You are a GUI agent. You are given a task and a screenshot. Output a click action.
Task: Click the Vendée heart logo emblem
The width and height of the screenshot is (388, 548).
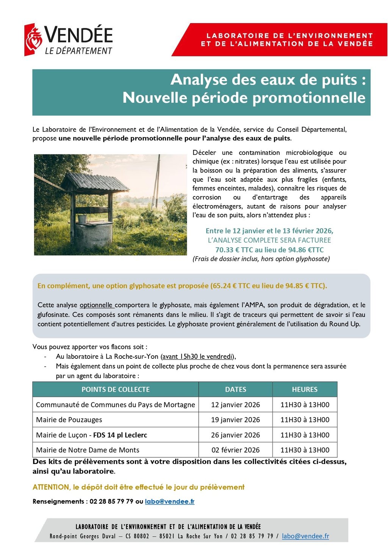[33, 39]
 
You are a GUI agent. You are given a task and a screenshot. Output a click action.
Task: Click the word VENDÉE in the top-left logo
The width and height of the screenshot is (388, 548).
[79, 35]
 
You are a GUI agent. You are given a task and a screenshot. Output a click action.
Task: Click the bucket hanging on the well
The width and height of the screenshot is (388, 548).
[82, 219]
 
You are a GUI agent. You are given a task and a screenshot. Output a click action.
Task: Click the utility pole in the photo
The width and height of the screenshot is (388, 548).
[156, 182]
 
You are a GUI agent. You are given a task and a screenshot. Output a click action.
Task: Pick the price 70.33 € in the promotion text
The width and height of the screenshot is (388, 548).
[227, 250]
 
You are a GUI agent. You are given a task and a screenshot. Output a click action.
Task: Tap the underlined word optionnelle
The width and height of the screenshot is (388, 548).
[96, 305]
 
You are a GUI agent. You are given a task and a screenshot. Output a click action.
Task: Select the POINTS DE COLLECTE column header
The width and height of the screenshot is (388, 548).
[116, 389]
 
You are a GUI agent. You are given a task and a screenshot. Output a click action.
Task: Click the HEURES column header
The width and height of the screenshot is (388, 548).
[305, 389]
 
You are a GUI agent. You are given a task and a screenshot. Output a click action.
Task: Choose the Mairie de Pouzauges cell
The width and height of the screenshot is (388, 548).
[69, 420]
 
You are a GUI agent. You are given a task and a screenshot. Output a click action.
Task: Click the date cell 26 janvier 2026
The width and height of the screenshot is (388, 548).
[235, 435]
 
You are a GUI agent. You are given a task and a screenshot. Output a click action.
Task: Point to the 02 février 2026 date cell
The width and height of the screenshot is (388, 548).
[235, 450]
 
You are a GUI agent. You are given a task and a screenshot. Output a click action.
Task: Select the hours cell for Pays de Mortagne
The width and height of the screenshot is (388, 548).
[305, 405]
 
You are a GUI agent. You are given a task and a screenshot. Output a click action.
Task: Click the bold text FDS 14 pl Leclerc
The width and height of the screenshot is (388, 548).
[120, 435]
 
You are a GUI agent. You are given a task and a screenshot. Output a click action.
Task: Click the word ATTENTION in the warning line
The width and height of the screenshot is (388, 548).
[51, 487]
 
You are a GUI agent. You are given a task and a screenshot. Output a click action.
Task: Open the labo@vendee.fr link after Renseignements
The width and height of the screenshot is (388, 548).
[169, 501]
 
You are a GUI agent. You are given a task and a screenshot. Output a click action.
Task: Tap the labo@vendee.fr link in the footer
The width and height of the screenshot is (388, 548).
[305, 536]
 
